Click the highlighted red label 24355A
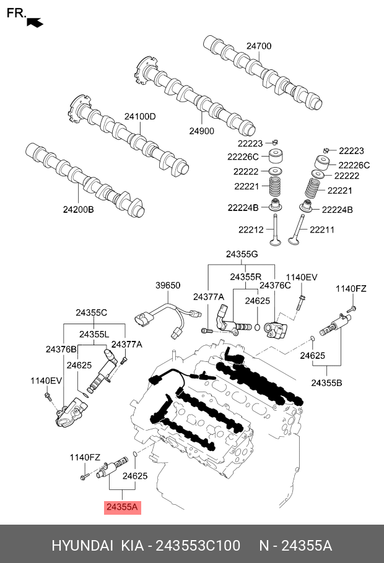(x=122, y=507)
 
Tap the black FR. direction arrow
(x=35, y=22)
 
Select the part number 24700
(x=259, y=46)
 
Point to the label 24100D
(x=140, y=116)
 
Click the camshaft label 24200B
(x=79, y=209)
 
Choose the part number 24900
(x=202, y=131)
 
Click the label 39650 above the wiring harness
(x=168, y=285)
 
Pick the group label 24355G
(x=242, y=254)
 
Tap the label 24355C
(x=91, y=312)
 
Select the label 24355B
(x=326, y=383)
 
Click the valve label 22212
(x=251, y=230)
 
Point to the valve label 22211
(x=322, y=230)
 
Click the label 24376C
(x=275, y=285)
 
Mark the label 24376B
(x=61, y=349)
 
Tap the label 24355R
(x=245, y=277)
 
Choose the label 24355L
(x=94, y=334)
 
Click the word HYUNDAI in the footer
(x=82, y=546)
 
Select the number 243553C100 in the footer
(x=198, y=546)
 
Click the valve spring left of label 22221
(x=276, y=186)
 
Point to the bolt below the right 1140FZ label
(x=351, y=309)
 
